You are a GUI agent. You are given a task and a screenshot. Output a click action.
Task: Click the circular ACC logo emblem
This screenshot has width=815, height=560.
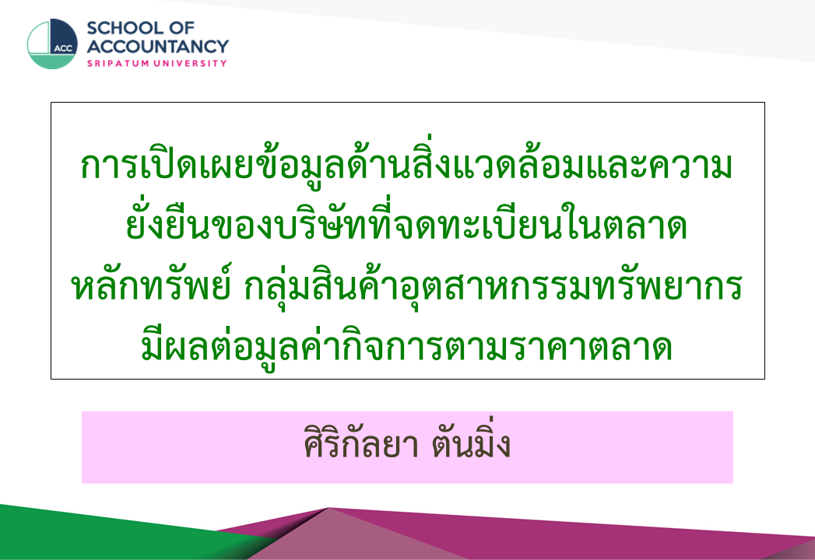(52, 44)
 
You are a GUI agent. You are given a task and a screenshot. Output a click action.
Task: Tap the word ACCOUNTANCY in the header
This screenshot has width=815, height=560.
(157, 46)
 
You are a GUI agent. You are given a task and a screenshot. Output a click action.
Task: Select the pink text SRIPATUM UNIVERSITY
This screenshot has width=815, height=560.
(157, 63)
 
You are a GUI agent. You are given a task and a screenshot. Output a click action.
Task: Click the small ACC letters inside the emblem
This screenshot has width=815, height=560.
(63, 48)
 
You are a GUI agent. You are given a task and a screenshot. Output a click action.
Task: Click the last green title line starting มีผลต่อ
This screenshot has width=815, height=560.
(406, 345)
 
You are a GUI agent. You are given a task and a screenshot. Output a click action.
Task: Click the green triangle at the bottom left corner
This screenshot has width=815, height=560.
(104, 535)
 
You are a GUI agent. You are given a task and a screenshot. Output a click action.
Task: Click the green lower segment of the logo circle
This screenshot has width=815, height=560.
(52, 61)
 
